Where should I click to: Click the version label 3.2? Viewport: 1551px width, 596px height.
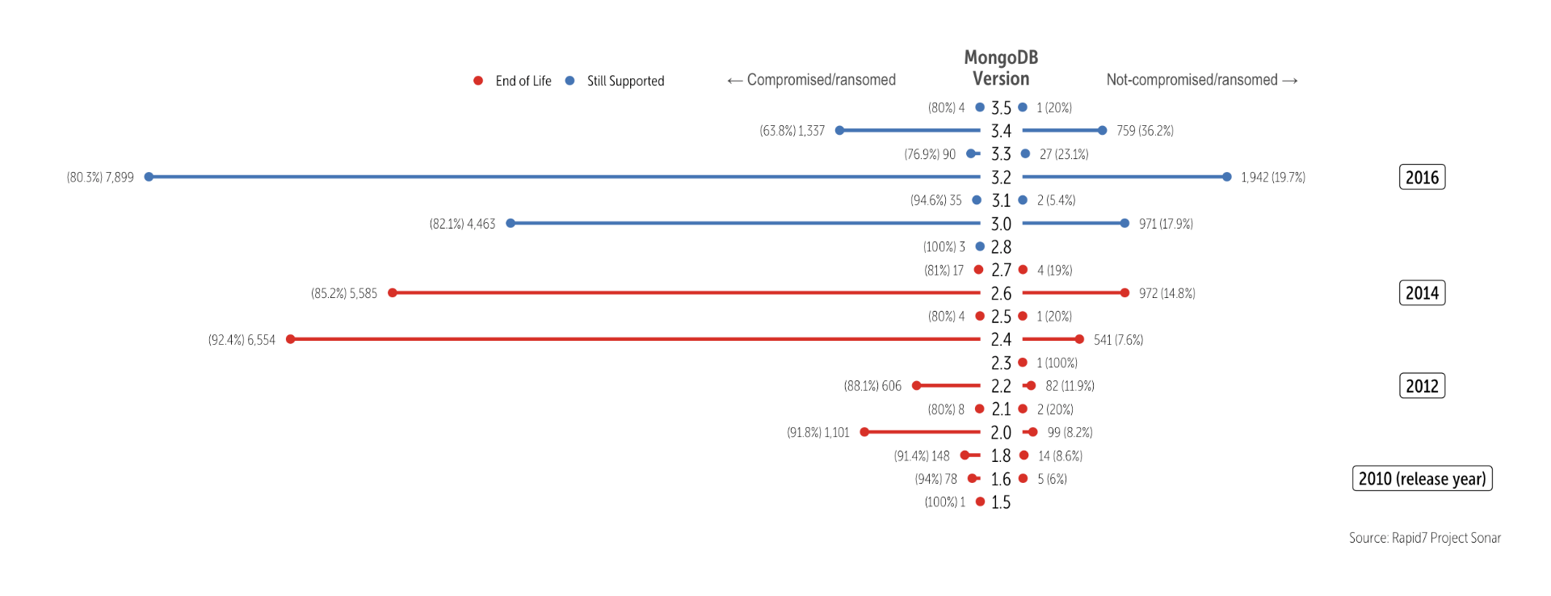(x=1001, y=178)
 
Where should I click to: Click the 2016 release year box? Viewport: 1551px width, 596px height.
(x=1422, y=178)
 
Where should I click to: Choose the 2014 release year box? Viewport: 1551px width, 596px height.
(x=1422, y=293)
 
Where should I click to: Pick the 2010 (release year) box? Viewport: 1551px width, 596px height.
(x=1422, y=479)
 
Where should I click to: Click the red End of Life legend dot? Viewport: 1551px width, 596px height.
(x=478, y=81)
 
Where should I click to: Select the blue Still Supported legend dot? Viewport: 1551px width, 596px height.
(x=570, y=81)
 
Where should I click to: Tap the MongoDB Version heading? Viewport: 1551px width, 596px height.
(x=1001, y=68)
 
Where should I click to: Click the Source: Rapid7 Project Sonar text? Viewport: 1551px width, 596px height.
(x=1424, y=538)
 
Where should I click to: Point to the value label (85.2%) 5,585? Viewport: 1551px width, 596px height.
(x=344, y=294)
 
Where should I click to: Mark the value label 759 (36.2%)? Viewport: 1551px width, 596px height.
(x=1145, y=131)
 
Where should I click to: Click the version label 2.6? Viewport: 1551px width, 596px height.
(x=1001, y=294)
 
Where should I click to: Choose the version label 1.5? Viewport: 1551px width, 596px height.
(x=1001, y=502)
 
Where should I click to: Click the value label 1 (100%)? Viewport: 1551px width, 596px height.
(x=1057, y=363)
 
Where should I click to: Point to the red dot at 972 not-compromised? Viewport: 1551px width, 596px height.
(x=1124, y=293)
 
